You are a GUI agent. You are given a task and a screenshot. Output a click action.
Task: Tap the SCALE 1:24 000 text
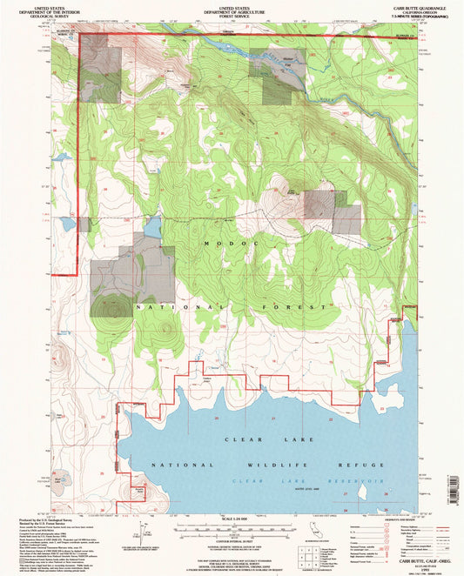click(231, 519)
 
